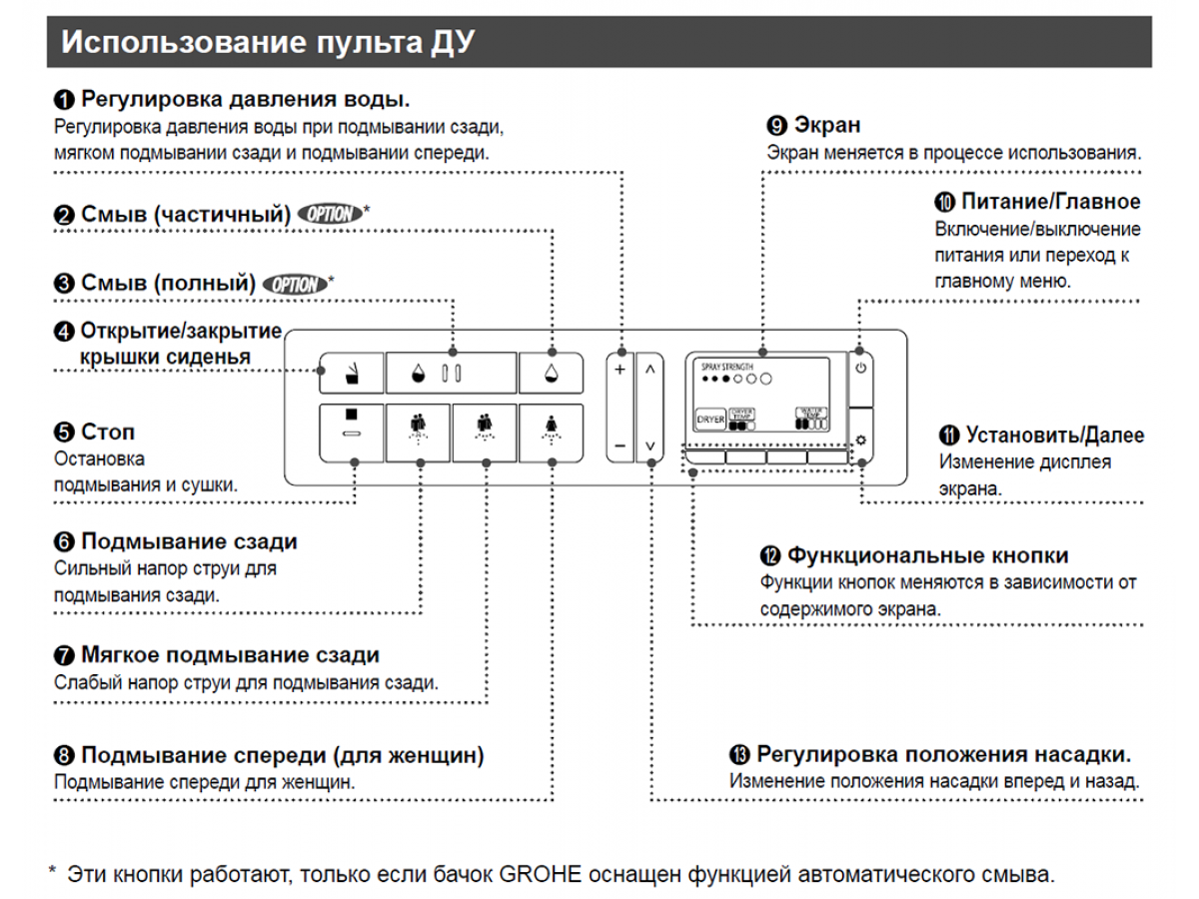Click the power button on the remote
tap(861, 368)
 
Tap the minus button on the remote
tap(619, 445)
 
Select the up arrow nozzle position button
tap(649, 370)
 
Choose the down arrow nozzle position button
tap(649, 445)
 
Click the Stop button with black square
tap(352, 430)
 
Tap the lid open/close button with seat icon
tap(351, 374)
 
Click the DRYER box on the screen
tap(710, 421)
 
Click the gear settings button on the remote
tap(861, 440)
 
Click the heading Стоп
tap(108, 433)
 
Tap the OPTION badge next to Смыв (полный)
tap(294, 285)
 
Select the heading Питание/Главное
tap(1050, 201)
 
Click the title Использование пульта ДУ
tap(268, 43)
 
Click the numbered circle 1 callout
tap(64, 100)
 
